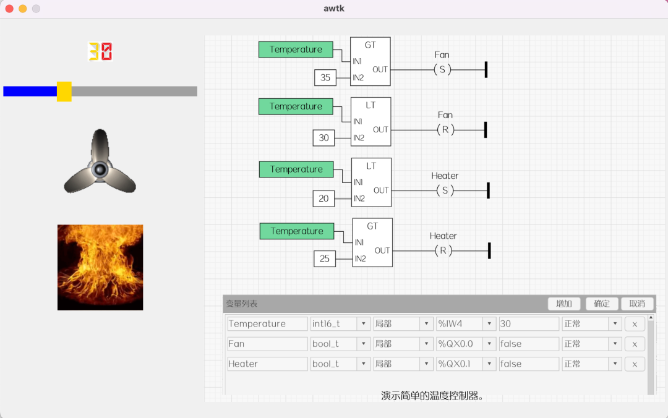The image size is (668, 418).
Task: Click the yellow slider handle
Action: (64, 92)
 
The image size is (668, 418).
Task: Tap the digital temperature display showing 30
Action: (100, 51)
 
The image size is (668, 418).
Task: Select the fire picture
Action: (100, 267)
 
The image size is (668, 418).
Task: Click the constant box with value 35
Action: (325, 78)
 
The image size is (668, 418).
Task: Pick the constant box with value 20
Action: (324, 198)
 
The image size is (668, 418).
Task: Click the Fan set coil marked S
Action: (442, 70)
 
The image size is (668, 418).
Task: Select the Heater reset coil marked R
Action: (443, 250)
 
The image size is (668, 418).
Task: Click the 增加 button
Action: (564, 304)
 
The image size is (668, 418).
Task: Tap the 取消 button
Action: (637, 304)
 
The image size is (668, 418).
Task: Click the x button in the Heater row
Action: (635, 364)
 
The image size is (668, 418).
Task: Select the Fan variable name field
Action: (267, 344)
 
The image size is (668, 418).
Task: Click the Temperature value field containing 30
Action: (529, 324)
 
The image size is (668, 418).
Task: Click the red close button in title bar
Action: (9, 9)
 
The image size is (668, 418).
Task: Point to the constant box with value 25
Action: (325, 258)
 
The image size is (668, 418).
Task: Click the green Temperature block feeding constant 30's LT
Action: (296, 106)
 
